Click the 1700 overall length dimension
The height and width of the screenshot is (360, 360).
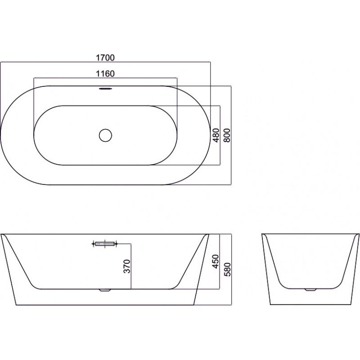(x=105, y=58)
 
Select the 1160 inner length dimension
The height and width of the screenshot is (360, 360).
(x=105, y=74)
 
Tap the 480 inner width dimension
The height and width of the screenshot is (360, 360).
(x=216, y=135)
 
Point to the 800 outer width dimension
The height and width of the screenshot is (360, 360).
(x=227, y=135)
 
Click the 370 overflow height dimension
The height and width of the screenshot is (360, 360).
(x=127, y=266)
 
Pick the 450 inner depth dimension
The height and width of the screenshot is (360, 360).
(x=216, y=261)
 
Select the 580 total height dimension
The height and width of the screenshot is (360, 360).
(x=227, y=270)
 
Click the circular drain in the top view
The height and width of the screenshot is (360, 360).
(x=105, y=135)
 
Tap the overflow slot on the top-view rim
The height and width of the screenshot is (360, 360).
(x=105, y=88)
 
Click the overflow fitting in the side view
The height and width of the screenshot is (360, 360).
(x=105, y=243)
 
